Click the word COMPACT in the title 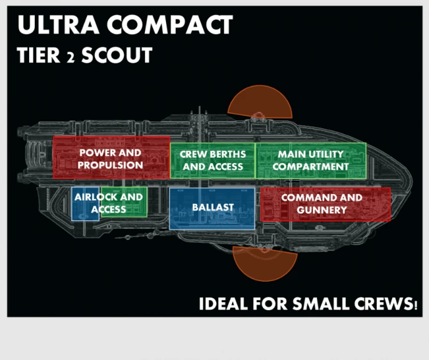(170, 25)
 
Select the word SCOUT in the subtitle (117, 55)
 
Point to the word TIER (39, 55)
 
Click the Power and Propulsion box (111, 157)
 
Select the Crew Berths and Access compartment (213, 160)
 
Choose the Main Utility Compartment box (311, 160)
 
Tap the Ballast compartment (212, 208)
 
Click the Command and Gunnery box (326, 204)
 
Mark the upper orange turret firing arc (260, 102)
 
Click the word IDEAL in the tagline (223, 303)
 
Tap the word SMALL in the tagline (321, 303)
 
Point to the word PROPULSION (110, 165)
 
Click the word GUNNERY (322, 210)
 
